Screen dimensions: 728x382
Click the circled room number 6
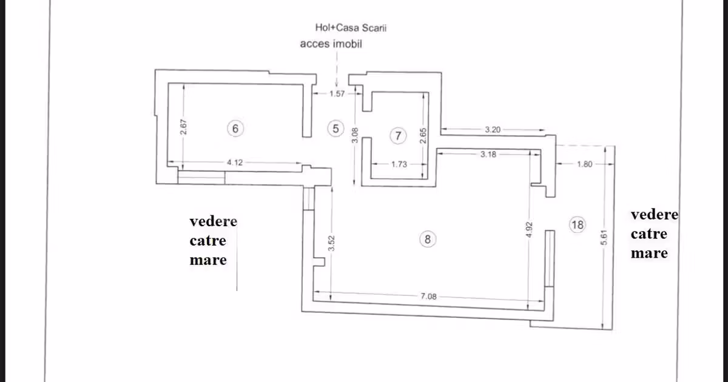click(x=235, y=129)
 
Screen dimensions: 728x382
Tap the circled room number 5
click(x=335, y=129)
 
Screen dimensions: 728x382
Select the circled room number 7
click(x=398, y=136)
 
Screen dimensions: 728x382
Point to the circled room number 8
click(x=428, y=240)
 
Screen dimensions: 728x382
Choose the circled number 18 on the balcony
click(x=578, y=225)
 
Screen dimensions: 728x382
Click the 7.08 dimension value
click(x=429, y=297)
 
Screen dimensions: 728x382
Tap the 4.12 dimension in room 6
click(x=235, y=163)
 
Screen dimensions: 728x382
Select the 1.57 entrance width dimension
click(x=337, y=94)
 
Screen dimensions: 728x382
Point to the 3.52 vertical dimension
click(x=331, y=243)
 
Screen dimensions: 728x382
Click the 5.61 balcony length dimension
click(x=604, y=238)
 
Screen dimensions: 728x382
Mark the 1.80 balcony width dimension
click(x=585, y=164)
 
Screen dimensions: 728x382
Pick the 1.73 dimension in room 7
click(x=399, y=164)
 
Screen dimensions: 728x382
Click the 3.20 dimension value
click(x=493, y=130)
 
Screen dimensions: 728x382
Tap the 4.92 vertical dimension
click(x=529, y=230)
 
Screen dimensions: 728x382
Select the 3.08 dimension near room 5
click(x=355, y=135)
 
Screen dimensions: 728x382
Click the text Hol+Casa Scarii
click(x=351, y=28)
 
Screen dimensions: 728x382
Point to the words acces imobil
click(x=331, y=44)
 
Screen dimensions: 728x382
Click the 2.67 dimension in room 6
click(x=183, y=127)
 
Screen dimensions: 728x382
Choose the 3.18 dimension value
click(x=488, y=154)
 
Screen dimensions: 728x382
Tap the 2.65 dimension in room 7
click(x=423, y=136)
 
